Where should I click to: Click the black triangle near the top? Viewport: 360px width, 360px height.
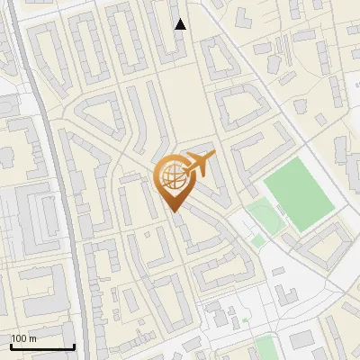point(180,24)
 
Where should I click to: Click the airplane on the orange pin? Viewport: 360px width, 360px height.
point(199,166)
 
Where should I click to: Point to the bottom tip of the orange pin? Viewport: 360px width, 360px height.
point(174,212)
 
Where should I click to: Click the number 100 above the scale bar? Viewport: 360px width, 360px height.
point(18,338)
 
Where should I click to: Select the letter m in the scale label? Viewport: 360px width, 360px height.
point(32,338)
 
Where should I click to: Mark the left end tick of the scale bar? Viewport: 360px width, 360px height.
point(11,346)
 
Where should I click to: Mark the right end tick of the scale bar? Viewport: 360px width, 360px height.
point(74,346)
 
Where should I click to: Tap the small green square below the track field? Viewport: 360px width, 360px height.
point(258,241)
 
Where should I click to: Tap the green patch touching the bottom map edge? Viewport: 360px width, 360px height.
point(265,348)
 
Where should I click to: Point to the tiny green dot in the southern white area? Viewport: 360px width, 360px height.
point(245,320)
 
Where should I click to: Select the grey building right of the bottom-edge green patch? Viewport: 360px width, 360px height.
point(302,340)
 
